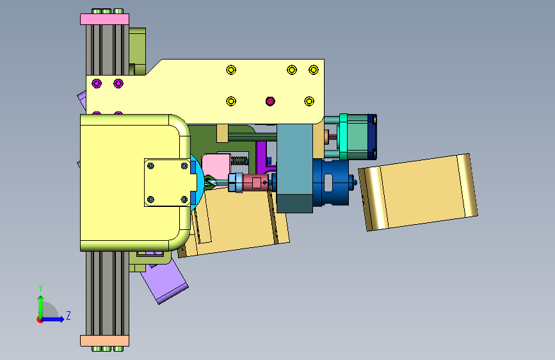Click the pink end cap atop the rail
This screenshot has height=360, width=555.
[x=104, y=19]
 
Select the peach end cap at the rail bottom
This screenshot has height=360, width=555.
[x=104, y=341]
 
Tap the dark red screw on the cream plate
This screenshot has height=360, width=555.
[x=270, y=101]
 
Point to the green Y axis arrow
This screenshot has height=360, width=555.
[x=41, y=307]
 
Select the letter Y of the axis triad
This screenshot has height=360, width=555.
[x=40, y=288]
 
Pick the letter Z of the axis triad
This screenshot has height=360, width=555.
[x=68, y=315]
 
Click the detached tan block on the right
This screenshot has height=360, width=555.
[x=418, y=192]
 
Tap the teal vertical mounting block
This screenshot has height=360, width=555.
[x=294, y=168]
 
